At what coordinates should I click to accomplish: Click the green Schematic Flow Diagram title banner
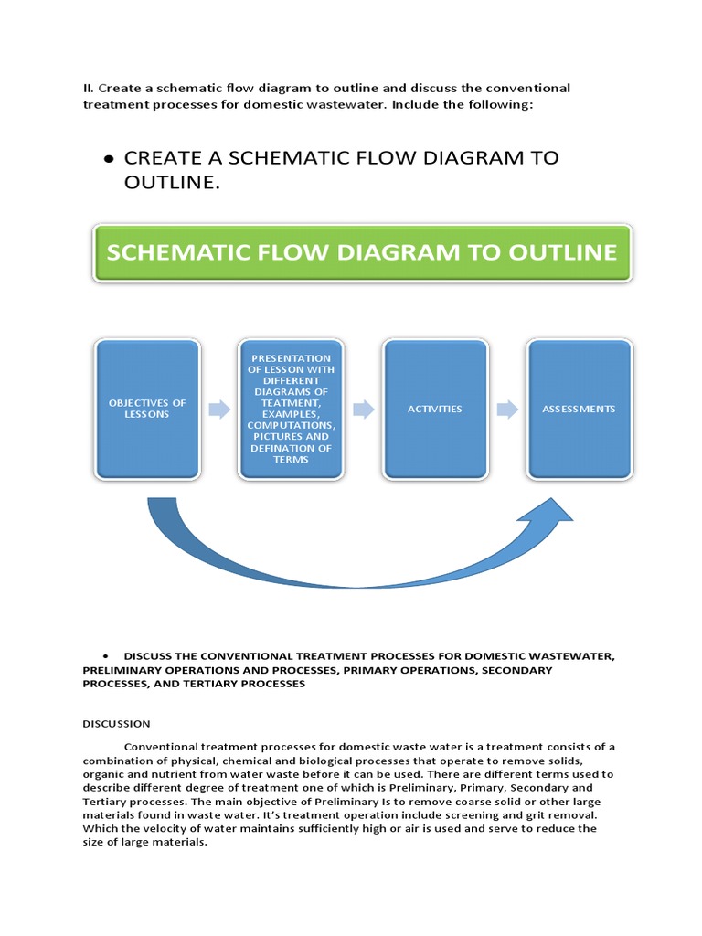click(x=362, y=252)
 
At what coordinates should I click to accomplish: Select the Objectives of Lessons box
click(x=147, y=409)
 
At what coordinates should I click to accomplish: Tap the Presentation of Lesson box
click(x=291, y=409)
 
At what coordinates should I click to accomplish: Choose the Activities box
click(x=435, y=409)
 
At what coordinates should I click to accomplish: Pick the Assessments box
click(x=579, y=409)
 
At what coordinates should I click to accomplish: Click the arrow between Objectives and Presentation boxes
click(x=219, y=409)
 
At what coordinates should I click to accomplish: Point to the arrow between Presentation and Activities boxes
click(x=363, y=409)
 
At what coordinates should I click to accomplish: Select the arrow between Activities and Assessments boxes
click(x=506, y=409)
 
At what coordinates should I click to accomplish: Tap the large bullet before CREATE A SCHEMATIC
click(x=108, y=159)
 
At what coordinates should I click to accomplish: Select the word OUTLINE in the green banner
click(x=566, y=252)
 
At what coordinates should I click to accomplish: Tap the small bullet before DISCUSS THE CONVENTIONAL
click(x=108, y=657)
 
